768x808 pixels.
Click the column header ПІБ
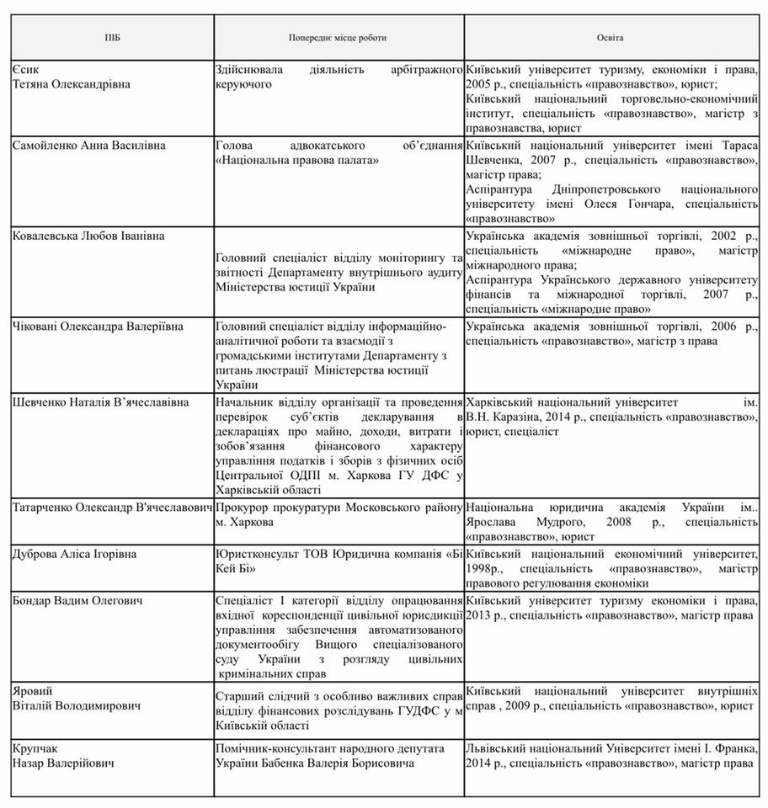point(112,38)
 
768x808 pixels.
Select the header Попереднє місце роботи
point(338,38)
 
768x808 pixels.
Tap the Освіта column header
point(611,38)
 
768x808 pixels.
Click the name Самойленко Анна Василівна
point(89,146)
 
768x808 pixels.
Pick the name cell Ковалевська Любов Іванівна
point(88,237)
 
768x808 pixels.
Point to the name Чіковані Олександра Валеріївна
point(98,327)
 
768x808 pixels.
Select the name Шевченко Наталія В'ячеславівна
point(101,402)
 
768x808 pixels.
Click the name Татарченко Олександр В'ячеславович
point(112,508)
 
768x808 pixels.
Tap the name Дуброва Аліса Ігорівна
point(75,554)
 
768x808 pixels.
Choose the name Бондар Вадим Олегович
point(77,601)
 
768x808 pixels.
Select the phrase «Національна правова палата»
point(297,160)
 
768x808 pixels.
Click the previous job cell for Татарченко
point(338,515)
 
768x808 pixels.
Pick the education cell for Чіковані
point(611,334)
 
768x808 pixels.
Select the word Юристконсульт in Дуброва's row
point(252,554)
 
